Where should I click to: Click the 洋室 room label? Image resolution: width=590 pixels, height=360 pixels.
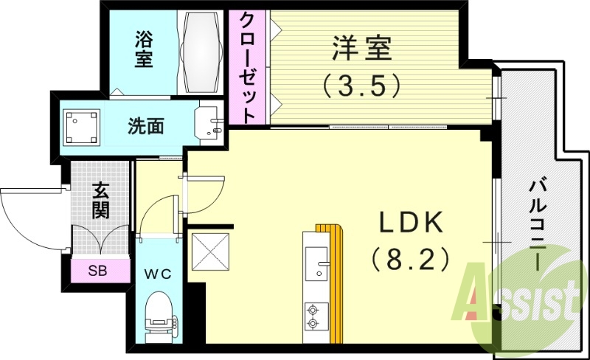[x=361, y=49]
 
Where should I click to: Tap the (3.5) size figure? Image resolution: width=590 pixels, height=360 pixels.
[x=361, y=85]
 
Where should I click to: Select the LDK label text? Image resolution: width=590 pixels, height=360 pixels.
[x=410, y=222]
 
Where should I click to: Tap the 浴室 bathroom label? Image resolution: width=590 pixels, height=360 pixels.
[x=143, y=49]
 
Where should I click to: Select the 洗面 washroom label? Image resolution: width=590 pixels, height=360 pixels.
[x=146, y=126]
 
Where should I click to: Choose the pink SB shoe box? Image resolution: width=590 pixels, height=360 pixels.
[x=97, y=270]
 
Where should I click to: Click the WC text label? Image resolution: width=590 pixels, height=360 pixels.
[x=158, y=274]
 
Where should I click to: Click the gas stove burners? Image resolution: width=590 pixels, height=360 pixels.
[x=313, y=316]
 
